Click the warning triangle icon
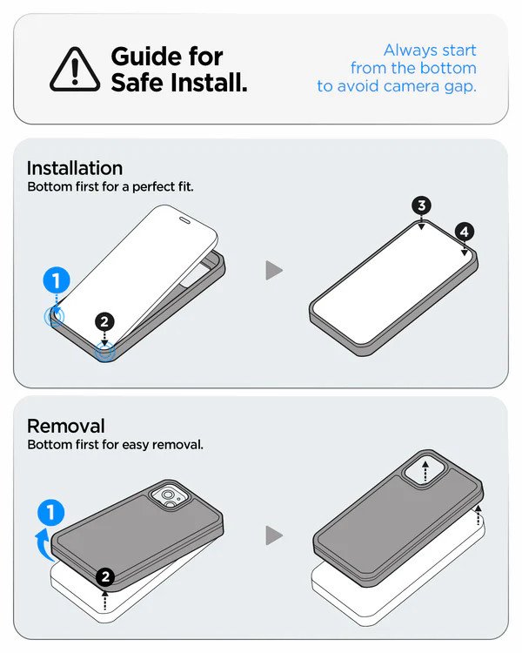click(x=75, y=70)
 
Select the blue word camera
click(x=411, y=86)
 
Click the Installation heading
click(x=75, y=168)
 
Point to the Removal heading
click(x=66, y=426)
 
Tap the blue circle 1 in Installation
click(x=57, y=280)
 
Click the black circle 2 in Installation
click(x=104, y=321)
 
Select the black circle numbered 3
click(x=422, y=205)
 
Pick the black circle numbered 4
click(x=465, y=232)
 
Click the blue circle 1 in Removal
click(x=50, y=512)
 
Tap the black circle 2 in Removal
click(x=105, y=576)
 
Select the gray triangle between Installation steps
click(x=274, y=270)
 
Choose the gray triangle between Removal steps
click(x=274, y=535)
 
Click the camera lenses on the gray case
click(x=170, y=498)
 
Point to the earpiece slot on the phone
click(x=184, y=220)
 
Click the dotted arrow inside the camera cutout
click(x=425, y=471)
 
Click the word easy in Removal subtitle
click(x=136, y=445)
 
